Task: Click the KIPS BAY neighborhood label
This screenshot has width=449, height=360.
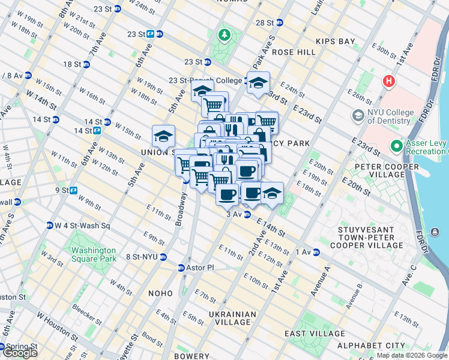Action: coord(336,42)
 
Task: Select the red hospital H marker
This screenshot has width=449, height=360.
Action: coord(388,80)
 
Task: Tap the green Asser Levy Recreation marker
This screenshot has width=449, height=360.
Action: coord(396,146)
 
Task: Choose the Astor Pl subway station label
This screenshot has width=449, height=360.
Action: coord(197,268)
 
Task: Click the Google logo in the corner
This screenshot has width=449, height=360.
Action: coord(19,353)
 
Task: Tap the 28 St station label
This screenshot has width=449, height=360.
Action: coord(265,23)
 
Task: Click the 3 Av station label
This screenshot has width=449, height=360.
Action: coord(234,214)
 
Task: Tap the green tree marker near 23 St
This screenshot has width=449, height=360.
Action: coord(224,35)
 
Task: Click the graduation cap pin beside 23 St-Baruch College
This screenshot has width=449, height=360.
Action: coord(259,83)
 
